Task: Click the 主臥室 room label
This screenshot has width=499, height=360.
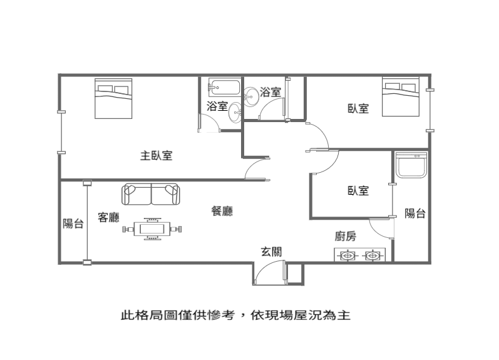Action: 157,156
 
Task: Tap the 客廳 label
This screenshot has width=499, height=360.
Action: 108,217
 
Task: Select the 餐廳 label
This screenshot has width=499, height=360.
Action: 222,211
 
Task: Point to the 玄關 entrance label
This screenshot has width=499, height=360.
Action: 271,252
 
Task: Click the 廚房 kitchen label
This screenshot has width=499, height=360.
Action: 345,236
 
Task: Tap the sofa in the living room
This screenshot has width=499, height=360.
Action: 150,194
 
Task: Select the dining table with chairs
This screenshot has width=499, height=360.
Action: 152,229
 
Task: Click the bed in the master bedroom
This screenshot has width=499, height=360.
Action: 113,98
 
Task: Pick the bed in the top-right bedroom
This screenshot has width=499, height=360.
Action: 401,96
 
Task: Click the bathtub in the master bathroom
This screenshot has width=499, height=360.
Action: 224,87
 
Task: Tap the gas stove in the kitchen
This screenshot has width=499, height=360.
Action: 359,255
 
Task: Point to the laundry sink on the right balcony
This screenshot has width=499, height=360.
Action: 411,165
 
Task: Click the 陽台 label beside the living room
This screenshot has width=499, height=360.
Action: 73,224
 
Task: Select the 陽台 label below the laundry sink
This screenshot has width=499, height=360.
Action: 415,213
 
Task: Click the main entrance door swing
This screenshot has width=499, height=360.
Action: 269,272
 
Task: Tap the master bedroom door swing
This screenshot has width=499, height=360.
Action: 257,168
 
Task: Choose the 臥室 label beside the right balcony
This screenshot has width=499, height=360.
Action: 358,191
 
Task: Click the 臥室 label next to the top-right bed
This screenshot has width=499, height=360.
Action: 358,108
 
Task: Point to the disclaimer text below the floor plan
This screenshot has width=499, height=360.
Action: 235,315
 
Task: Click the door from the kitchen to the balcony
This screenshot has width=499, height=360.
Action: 381,228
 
